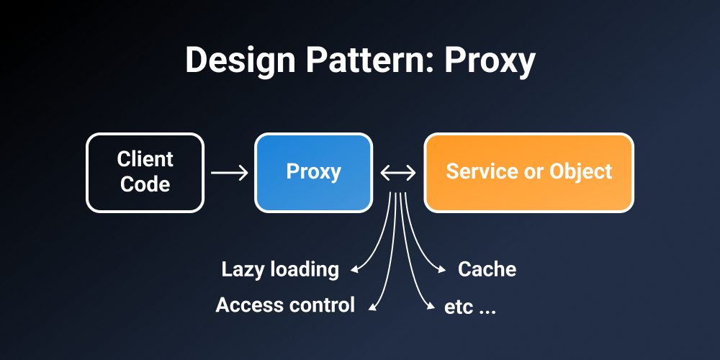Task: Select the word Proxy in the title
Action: [x=489, y=61]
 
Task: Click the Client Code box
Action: [x=145, y=172]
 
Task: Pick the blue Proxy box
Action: [x=313, y=172]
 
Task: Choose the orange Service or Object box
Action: [x=528, y=172]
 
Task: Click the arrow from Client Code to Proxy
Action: [x=229, y=173]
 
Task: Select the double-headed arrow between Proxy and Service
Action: [x=398, y=173]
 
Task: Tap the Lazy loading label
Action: [x=280, y=269]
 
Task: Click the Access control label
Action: [x=285, y=305]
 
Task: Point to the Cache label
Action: [x=487, y=269]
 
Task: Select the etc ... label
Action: [x=470, y=306]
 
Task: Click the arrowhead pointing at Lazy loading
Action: [x=354, y=271]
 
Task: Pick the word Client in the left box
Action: [x=145, y=159]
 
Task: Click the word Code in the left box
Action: [x=145, y=184]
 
